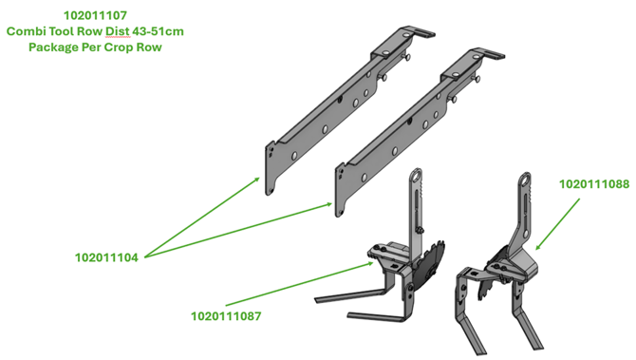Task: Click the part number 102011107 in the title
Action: tap(95, 15)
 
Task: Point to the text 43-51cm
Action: tap(159, 31)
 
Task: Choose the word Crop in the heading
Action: tap(119, 47)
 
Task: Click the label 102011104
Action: tap(106, 257)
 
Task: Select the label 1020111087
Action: tap(226, 316)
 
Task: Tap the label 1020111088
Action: tap(594, 184)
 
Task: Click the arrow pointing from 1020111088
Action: tap(558, 223)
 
